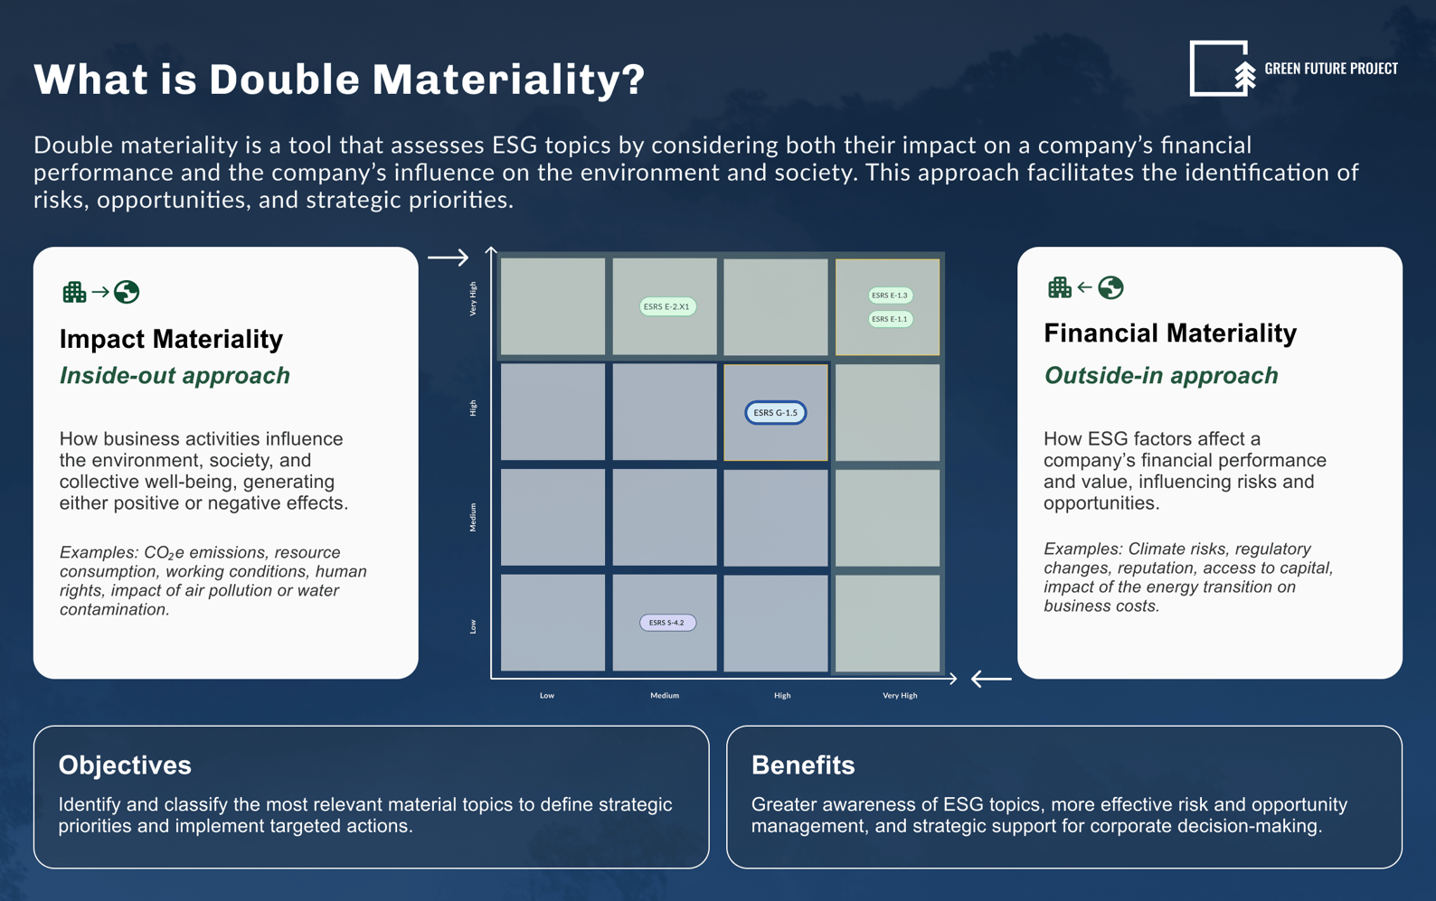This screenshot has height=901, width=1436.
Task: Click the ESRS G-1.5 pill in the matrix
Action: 775,413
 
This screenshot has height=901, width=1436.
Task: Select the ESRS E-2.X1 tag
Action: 666,306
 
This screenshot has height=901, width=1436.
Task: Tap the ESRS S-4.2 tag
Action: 667,623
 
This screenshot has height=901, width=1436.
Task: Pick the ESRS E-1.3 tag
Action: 890,296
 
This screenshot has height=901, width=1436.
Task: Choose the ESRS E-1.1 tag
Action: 890,319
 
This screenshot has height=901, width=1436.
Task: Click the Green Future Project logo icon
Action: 1222,69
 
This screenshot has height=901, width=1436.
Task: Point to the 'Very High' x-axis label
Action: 899,696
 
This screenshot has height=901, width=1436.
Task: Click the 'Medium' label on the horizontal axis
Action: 665,696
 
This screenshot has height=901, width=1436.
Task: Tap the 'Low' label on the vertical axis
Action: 473,626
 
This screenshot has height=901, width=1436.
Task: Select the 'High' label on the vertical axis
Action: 473,408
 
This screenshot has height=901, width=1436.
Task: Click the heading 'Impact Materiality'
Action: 171,339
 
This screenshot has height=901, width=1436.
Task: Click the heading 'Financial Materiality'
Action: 1170,333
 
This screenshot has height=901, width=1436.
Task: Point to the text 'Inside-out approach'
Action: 175,376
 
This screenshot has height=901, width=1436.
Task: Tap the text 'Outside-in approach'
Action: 1161,376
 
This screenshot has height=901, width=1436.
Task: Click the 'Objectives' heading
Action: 125,765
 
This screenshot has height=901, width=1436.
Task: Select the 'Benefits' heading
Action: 803,765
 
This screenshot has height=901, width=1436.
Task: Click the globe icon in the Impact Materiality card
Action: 127,292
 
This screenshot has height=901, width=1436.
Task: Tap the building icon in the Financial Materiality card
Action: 1059,287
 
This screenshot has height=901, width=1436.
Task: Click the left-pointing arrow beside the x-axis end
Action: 991,679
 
